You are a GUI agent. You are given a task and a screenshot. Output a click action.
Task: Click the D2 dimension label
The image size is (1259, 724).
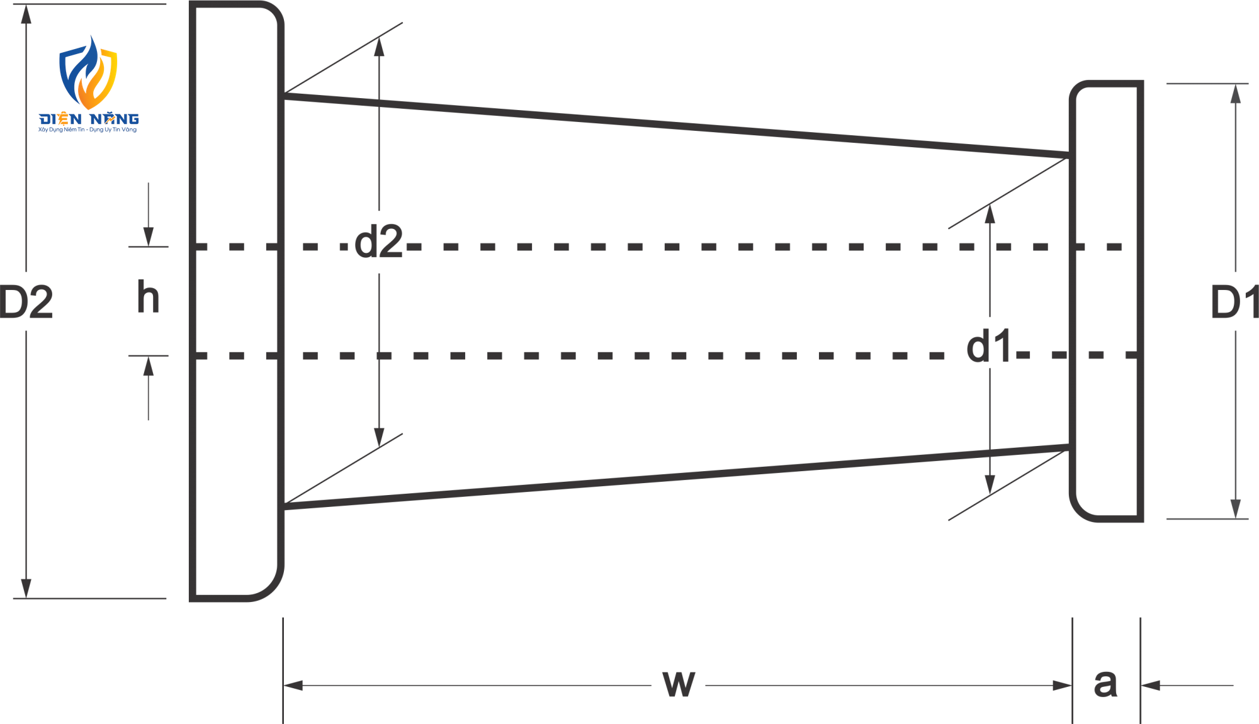[26, 302]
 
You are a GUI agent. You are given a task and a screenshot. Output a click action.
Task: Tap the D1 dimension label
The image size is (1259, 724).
[1234, 302]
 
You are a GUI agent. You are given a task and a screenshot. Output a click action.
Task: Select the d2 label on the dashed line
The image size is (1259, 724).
[378, 242]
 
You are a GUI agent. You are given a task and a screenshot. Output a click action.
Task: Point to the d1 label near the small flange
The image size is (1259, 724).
[989, 346]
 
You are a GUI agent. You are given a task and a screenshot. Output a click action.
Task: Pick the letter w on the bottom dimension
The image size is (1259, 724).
[679, 684]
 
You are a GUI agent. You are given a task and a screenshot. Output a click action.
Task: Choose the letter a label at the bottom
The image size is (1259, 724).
[1105, 684]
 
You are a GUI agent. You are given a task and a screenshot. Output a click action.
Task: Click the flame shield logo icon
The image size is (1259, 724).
[88, 72]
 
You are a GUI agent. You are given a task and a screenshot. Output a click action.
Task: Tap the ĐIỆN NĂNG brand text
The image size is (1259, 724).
[89, 119]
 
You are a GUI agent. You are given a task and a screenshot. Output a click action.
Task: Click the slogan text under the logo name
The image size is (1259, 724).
[88, 130]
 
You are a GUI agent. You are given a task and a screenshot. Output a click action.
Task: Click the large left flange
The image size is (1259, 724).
[237, 301]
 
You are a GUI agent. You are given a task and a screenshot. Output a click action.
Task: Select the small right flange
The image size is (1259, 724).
[1106, 301]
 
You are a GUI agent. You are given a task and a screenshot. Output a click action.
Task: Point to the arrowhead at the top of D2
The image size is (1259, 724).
[26, 14]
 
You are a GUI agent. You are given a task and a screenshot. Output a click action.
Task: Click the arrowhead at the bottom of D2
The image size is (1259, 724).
[26, 588]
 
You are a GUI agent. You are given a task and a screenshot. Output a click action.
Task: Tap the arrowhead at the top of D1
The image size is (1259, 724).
[1236, 94]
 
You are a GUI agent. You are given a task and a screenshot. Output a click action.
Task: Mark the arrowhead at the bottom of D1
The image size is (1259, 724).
[1236, 509]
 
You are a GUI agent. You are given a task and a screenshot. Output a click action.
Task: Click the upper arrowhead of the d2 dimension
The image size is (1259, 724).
[379, 47]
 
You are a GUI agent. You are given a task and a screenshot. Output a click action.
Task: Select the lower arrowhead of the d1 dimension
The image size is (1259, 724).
[990, 484]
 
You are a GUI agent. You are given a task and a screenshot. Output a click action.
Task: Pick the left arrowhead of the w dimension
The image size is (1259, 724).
[293, 685]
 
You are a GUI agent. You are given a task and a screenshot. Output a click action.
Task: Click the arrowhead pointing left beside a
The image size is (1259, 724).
[1151, 685]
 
